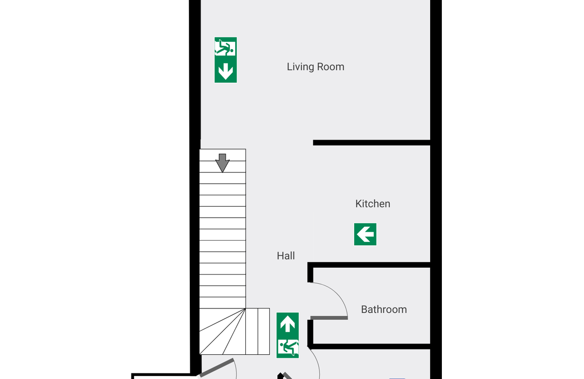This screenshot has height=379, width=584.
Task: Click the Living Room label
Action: [315, 67]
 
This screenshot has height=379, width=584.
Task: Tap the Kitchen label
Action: [373, 204]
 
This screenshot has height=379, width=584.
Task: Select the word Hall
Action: [286, 256]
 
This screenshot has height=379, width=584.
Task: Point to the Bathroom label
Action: [384, 310]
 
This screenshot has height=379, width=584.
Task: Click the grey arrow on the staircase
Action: [222, 163]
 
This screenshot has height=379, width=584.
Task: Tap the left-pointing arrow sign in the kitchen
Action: [365, 234]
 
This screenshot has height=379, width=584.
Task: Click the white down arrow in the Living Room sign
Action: [226, 71]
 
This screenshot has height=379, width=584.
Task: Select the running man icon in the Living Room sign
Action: [225, 47]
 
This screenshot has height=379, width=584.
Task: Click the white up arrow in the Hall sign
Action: [288, 324]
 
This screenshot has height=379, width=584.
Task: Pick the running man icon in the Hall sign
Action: [288, 347]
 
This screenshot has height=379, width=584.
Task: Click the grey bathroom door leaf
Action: [329, 318]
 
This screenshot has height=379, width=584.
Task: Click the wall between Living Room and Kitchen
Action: [371, 143]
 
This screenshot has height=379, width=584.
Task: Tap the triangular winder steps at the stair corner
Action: [222, 331]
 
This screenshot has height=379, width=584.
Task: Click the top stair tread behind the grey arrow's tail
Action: [222, 155]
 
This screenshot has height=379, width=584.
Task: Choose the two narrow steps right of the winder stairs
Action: [257, 331]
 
